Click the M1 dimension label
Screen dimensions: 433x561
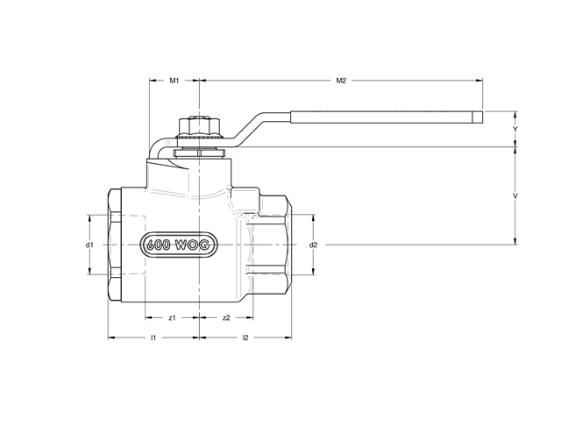click(x=174, y=81)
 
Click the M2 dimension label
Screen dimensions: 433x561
click(x=342, y=81)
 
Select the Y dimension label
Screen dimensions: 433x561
click(x=515, y=129)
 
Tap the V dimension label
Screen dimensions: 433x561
click(x=515, y=195)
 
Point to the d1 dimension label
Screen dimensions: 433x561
click(x=89, y=245)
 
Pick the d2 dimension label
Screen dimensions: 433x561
click(x=313, y=245)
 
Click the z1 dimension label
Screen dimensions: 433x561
click(x=173, y=316)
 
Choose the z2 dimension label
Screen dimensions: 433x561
click(x=226, y=316)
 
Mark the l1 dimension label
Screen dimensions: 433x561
click(x=153, y=337)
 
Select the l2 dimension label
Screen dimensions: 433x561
click(x=245, y=337)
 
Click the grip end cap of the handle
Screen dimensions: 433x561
click(x=479, y=117)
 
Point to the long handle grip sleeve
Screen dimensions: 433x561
click(x=381, y=117)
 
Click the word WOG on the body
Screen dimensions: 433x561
click(x=190, y=245)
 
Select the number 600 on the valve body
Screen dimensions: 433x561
click(x=157, y=245)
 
